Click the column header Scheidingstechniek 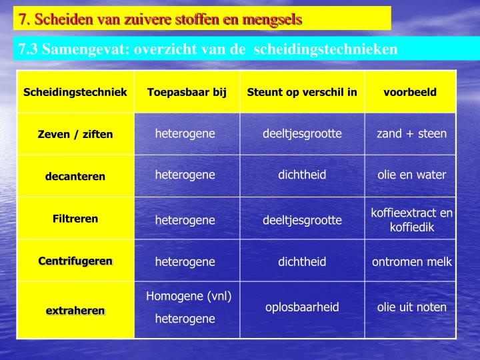(x=75, y=92)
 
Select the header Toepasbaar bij (x=187, y=92)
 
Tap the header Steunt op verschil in (x=302, y=92)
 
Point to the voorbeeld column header (x=410, y=92)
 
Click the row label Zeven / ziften (x=75, y=134)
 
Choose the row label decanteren (x=75, y=177)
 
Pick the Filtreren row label (x=75, y=219)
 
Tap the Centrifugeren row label (x=75, y=261)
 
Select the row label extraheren (x=75, y=311)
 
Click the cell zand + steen (x=411, y=133)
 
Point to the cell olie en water (x=411, y=175)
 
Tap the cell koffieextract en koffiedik (x=411, y=220)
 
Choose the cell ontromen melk (x=411, y=261)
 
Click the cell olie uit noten (x=411, y=307)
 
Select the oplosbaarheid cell (x=302, y=307)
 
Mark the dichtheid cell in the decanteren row (x=302, y=175)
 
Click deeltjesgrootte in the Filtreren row (x=302, y=219)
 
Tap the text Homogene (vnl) (x=189, y=296)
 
